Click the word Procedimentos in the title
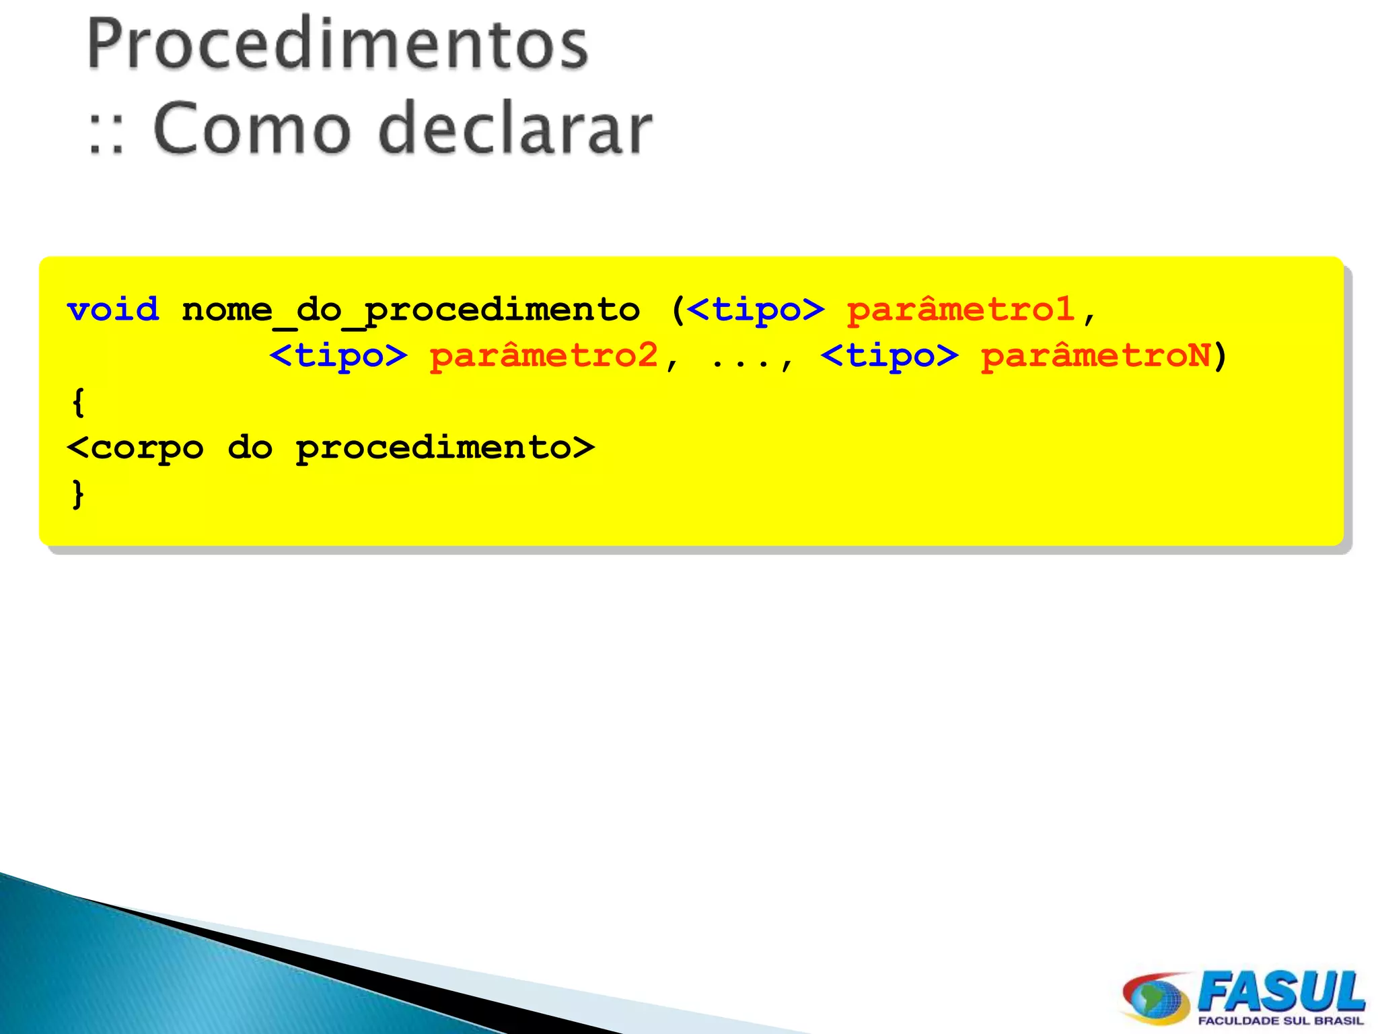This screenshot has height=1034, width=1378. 338,44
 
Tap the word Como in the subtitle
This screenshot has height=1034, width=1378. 252,128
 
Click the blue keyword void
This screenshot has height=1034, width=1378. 113,310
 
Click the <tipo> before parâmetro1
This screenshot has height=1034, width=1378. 756,310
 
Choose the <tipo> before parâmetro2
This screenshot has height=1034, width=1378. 338,355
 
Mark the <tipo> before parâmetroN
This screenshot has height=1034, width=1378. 890,355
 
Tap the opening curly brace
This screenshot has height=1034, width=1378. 79,403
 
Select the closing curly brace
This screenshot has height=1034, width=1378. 79,493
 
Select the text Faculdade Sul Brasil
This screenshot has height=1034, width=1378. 1280,1021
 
